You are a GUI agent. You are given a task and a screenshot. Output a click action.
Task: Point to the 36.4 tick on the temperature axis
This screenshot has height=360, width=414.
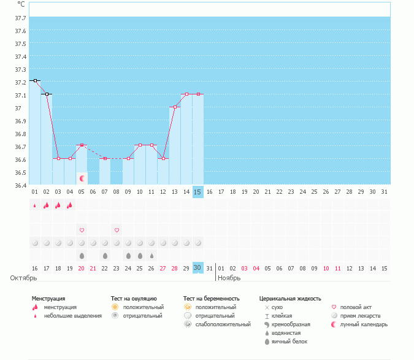(20, 185)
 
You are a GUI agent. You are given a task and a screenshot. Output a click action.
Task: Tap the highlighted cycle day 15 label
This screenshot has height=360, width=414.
(197, 192)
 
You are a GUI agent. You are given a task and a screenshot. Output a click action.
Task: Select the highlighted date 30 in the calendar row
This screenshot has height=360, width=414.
(197, 268)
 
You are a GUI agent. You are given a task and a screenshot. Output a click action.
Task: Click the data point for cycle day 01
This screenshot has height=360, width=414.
(35, 80)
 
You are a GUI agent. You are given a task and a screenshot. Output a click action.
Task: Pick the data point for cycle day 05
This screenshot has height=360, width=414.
(82, 145)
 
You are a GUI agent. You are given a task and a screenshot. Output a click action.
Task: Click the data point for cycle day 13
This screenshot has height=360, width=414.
(175, 107)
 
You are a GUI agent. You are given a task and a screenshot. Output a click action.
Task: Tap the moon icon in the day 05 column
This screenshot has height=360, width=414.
(82, 178)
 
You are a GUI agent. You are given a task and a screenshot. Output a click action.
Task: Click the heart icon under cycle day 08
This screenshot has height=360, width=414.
(117, 230)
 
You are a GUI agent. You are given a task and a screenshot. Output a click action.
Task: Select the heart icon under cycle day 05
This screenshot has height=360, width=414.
(82, 230)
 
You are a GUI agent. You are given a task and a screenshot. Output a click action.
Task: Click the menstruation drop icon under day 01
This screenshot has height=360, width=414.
(35, 205)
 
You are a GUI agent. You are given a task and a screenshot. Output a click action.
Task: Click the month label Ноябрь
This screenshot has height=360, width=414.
(229, 278)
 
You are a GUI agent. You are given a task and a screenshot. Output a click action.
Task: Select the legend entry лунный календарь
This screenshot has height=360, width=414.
(364, 324)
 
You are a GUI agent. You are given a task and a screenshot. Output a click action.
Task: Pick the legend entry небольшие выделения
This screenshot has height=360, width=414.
(73, 316)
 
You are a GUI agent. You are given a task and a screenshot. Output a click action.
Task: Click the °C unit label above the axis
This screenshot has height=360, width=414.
(21, 4)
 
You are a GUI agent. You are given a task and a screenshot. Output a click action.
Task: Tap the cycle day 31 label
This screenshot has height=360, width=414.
(384, 192)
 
